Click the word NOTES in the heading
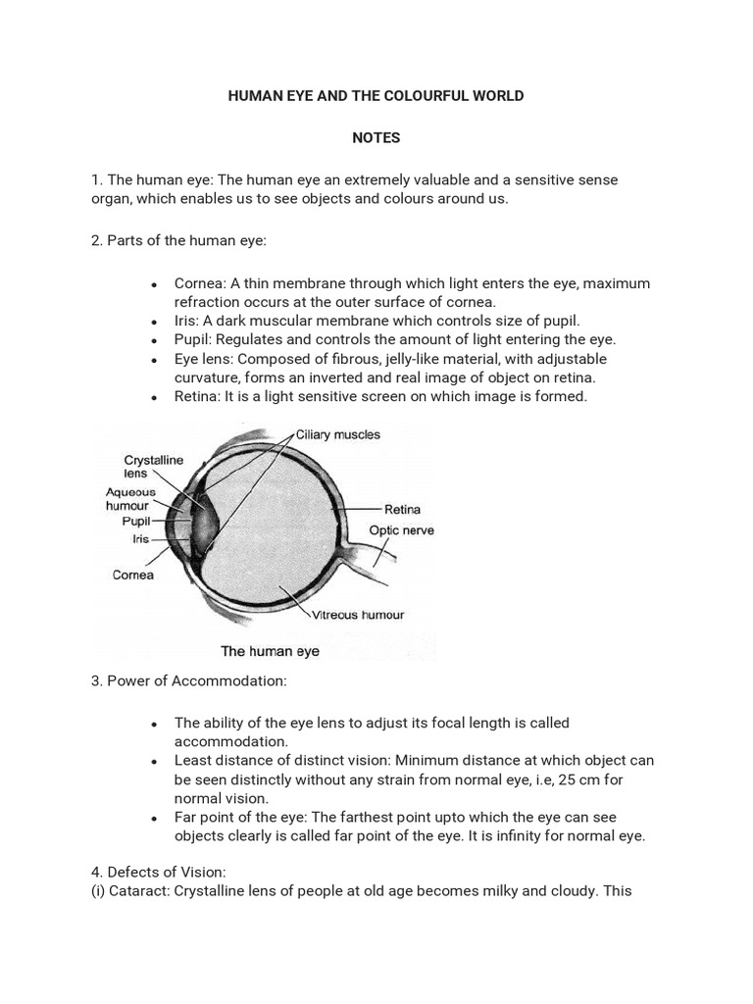click(x=376, y=138)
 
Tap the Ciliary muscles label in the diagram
click(x=337, y=434)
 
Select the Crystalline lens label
click(x=154, y=466)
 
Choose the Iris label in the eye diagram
click(x=141, y=538)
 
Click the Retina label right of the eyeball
click(x=402, y=510)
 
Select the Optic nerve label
click(x=401, y=530)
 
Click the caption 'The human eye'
click(x=270, y=651)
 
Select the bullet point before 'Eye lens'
click(x=155, y=360)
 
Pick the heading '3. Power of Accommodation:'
click(x=188, y=681)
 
